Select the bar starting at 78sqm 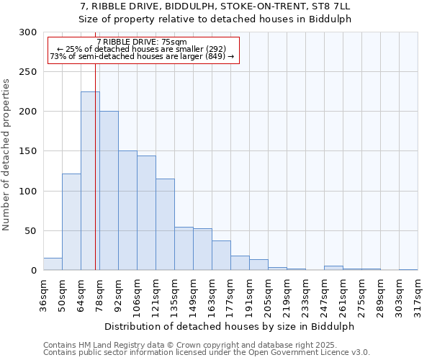109,191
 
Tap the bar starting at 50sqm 71,222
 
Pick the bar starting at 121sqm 165,225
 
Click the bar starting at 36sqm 53,264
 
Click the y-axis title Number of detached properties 7,155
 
